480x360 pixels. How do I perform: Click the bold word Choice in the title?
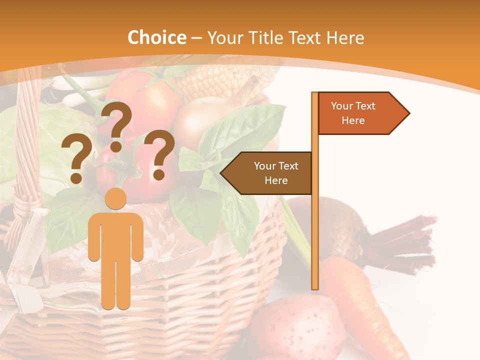coord(156,37)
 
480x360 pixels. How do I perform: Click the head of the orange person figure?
coord(116,198)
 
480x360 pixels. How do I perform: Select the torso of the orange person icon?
coord(116,235)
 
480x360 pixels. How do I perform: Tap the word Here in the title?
coord(345,37)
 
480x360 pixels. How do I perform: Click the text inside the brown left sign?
coord(275,173)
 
